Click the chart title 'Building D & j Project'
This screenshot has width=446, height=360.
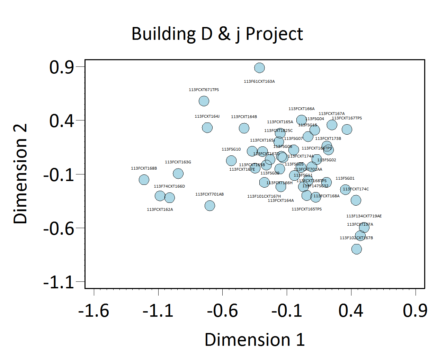pyautogui.click(x=217, y=34)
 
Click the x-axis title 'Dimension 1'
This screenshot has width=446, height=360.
pyautogui.click(x=255, y=340)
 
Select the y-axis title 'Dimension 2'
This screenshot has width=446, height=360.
pyautogui.click(x=20, y=174)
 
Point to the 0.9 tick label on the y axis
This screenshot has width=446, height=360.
pyautogui.click(x=62, y=67)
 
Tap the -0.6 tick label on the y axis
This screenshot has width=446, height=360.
pyautogui.click(x=59, y=228)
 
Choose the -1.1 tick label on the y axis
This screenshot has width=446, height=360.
pyautogui.click(x=59, y=282)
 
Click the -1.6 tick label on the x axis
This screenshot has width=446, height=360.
pyautogui.click(x=93, y=311)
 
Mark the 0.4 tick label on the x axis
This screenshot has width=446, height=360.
pyautogui.click(x=351, y=311)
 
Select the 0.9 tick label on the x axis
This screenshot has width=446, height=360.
pyautogui.click(x=415, y=311)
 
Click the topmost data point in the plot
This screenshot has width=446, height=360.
pyautogui.click(x=259, y=68)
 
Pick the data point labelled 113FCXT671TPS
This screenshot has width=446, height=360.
pyautogui.click(x=204, y=101)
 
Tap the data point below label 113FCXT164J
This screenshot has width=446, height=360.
pyautogui.click(x=207, y=128)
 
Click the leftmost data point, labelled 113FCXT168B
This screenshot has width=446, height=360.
pyautogui.click(x=144, y=180)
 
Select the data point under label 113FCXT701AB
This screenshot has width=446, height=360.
pyautogui.click(x=209, y=206)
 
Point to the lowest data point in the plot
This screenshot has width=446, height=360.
pyautogui.click(x=356, y=249)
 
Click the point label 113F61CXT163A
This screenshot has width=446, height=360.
pyautogui.click(x=259, y=82)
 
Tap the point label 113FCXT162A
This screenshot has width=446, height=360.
pyautogui.click(x=160, y=209)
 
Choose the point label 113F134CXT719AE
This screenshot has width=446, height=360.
pyautogui.click(x=364, y=216)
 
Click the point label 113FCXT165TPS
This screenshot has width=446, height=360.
pyautogui.click(x=306, y=209)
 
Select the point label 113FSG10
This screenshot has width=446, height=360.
pyautogui.click(x=231, y=149)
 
